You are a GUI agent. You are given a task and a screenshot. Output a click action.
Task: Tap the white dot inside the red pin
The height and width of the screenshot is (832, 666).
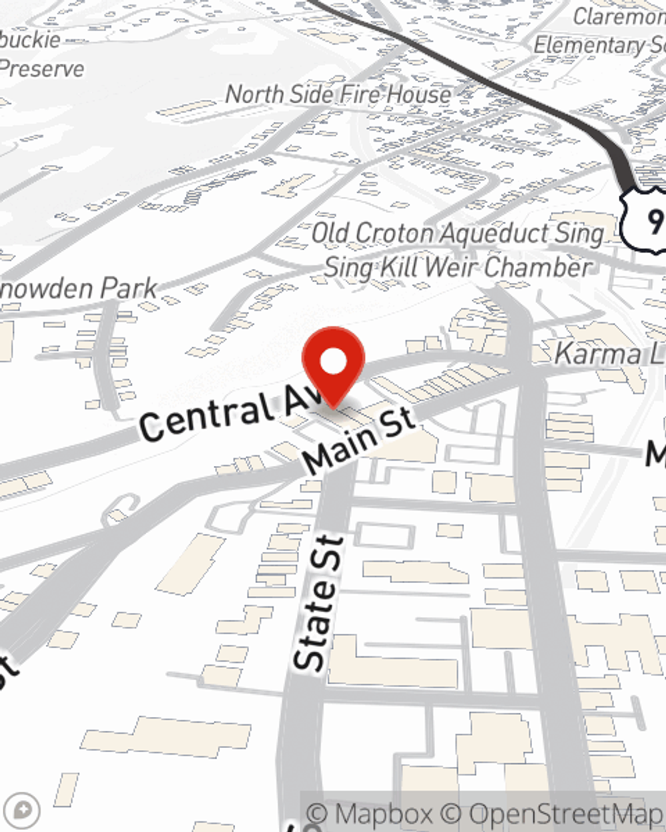coord(334,362)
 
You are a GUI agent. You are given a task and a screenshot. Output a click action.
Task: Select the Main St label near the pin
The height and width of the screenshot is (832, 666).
coord(360,441)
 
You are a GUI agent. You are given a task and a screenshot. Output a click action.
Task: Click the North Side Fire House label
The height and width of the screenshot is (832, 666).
coord(338,95)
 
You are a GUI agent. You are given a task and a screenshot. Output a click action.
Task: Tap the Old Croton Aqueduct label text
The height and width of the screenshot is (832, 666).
coord(458,234)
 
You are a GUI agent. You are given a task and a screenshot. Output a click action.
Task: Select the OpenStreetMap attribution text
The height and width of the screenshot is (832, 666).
coord(566,814)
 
